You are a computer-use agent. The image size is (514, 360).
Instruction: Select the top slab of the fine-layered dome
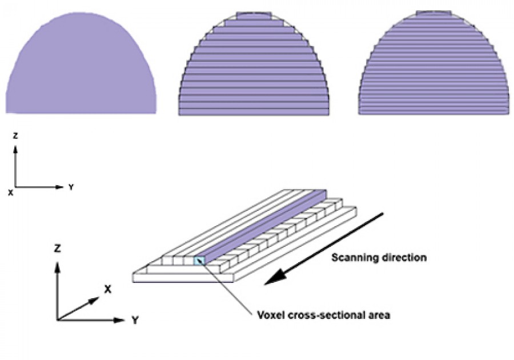tap(434, 13)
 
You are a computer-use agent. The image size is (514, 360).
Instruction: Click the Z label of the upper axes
tap(15, 136)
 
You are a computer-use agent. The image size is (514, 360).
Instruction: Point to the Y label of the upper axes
tap(71, 187)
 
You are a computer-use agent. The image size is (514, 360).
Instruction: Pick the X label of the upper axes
tap(10, 193)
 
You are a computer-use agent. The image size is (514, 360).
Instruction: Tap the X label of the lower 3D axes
tap(107, 289)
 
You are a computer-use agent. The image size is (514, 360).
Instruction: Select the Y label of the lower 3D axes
tap(134, 321)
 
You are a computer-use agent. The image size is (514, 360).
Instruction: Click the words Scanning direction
tap(379, 258)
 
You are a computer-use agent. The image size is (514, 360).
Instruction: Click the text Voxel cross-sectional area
tap(323, 314)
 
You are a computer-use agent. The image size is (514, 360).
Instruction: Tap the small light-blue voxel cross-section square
tap(199, 261)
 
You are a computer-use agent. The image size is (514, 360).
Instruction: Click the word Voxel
tap(270, 314)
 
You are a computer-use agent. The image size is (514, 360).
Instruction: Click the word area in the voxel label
tap(379, 314)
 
